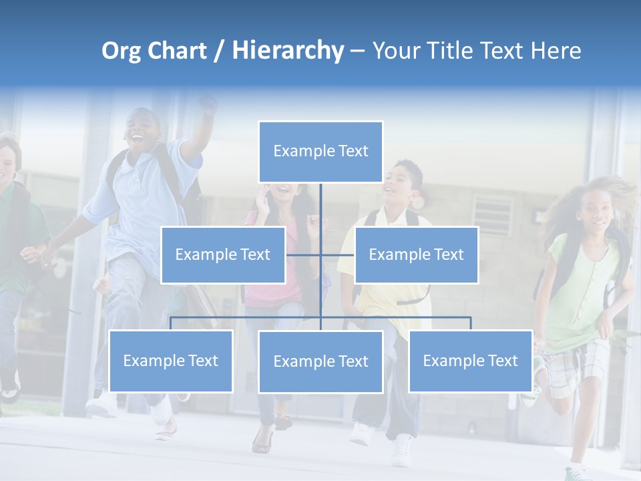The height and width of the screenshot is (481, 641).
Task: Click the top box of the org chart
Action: [320, 152]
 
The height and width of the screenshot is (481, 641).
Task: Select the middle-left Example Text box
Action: [223, 255]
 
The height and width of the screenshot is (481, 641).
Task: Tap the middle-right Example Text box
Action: [416, 255]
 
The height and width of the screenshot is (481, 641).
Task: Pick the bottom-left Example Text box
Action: [170, 361]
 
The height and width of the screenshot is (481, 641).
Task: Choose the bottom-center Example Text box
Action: [320, 361]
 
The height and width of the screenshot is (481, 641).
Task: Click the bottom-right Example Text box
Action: [470, 361]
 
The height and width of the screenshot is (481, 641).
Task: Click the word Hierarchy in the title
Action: [288, 50]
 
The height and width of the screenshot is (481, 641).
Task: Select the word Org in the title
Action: [121, 51]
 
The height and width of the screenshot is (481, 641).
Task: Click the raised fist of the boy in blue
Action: [208, 104]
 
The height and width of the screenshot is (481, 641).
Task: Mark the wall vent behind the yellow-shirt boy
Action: [493, 213]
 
